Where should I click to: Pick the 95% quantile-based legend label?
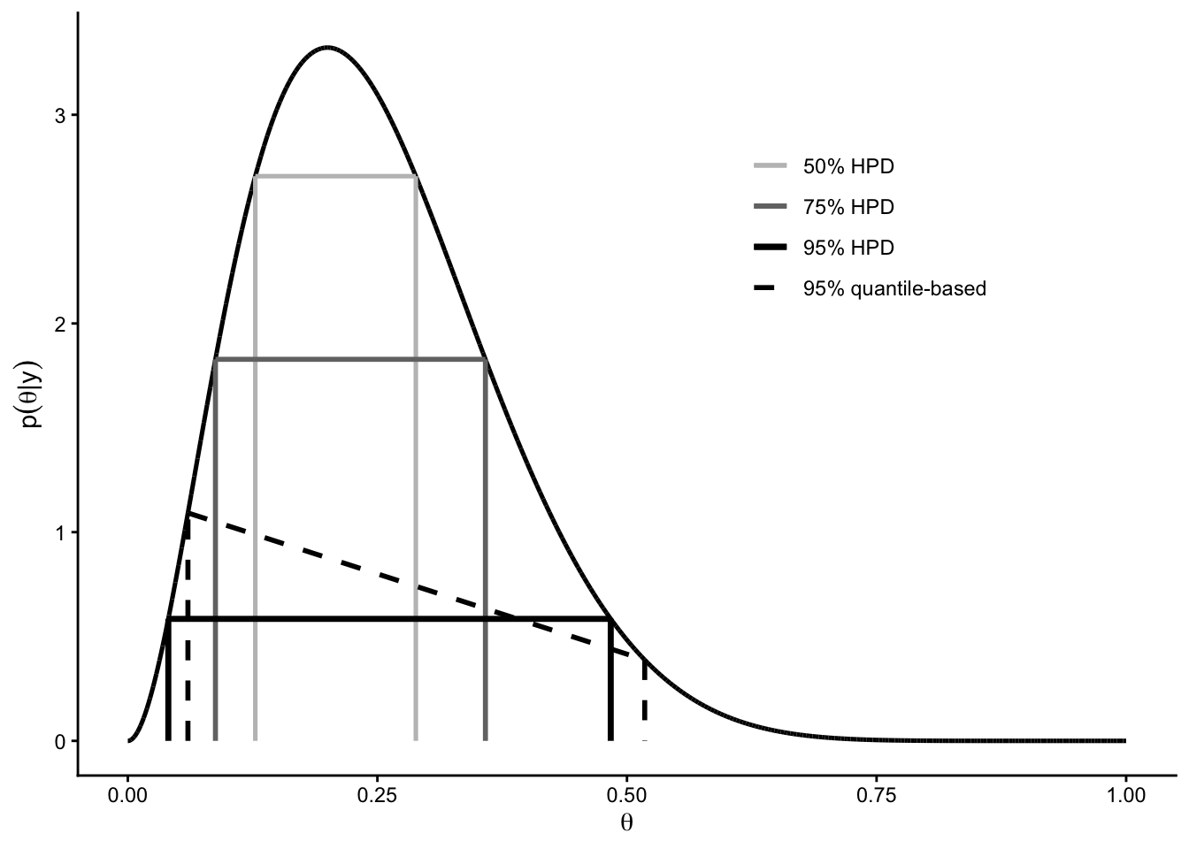[x=894, y=288]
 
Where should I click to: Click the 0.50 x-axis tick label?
[x=626, y=795]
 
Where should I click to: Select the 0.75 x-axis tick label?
[x=876, y=795]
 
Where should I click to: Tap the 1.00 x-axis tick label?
[x=1125, y=795]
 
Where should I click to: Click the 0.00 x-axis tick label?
[x=127, y=795]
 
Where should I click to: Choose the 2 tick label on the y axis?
[x=61, y=325]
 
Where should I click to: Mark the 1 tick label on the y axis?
[x=61, y=532]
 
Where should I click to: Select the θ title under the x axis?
[x=626, y=823]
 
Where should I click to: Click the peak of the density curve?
[x=327, y=47]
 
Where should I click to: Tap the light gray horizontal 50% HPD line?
[x=335, y=177]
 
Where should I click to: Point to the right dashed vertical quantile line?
[x=644, y=699]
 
